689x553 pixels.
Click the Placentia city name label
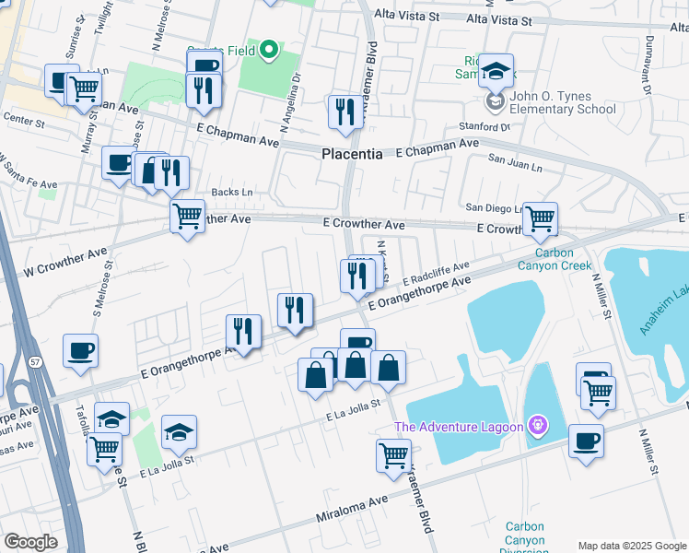click(x=352, y=154)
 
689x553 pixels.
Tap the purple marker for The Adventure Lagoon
click(x=538, y=426)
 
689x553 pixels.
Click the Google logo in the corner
click(x=30, y=541)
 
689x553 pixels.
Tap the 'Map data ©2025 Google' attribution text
click(x=631, y=546)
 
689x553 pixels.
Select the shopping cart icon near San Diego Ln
click(x=540, y=218)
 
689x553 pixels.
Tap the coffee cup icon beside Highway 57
click(x=80, y=350)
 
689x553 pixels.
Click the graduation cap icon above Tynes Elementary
click(x=496, y=69)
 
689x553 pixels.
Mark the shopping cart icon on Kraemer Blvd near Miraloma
click(x=393, y=454)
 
